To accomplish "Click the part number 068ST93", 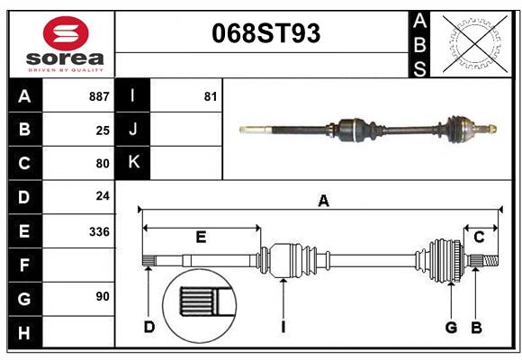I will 265,33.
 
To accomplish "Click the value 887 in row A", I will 99,96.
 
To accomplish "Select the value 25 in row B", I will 103,130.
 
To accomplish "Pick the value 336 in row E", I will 99,231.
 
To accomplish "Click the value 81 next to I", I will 211,96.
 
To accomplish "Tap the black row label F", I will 24,265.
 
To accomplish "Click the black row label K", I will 133,163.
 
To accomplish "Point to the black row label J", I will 133,130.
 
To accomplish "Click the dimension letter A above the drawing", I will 323,202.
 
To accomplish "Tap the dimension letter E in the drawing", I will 201,238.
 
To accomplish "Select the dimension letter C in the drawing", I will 479,237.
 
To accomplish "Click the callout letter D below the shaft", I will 149,327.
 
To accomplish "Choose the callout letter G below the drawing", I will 451,327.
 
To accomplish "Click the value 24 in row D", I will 103,195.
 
